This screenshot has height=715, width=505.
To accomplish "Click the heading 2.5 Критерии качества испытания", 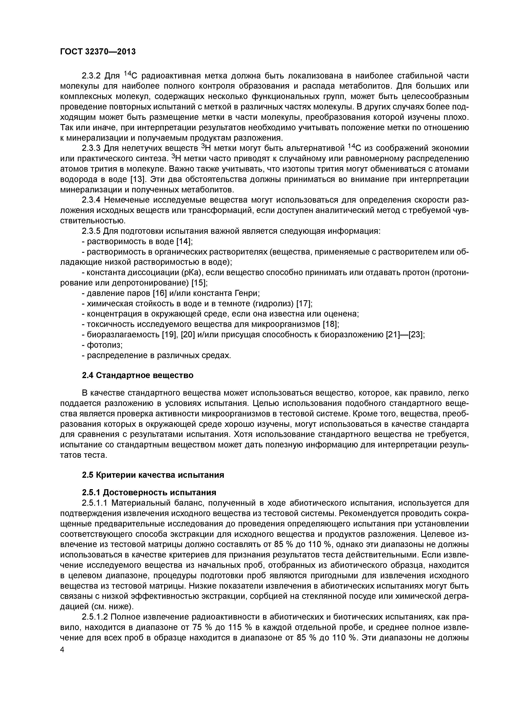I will tap(153, 475).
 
